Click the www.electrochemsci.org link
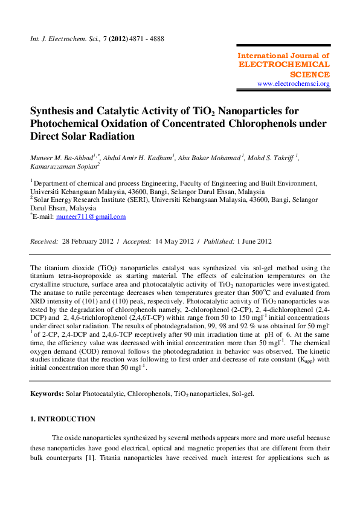coord(293,83)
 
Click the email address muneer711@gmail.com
coord(91,216)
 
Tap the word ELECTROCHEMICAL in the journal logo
coord(284,65)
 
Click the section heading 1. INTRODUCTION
coord(63,419)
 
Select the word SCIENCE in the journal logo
coord(310,74)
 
